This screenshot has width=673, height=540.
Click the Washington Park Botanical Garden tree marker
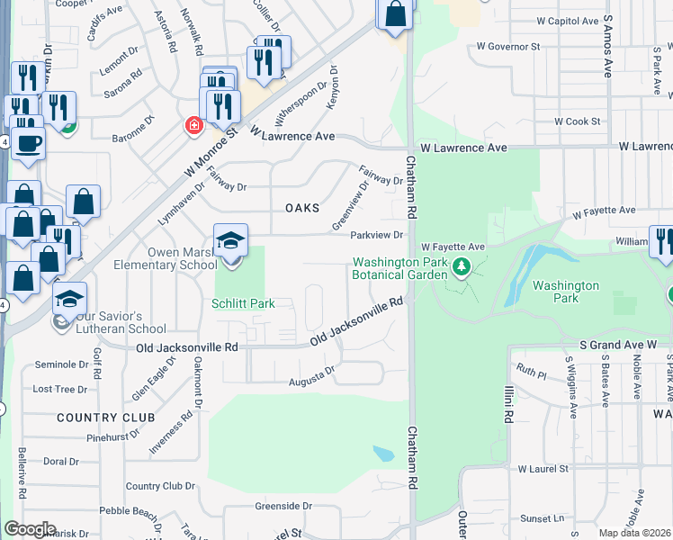click(x=462, y=266)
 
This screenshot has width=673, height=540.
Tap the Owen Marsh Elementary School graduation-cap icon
click(x=231, y=241)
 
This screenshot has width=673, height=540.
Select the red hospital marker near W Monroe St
click(x=193, y=125)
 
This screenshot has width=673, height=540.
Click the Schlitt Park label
click(x=242, y=304)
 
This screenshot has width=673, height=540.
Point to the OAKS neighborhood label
click(x=302, y=208)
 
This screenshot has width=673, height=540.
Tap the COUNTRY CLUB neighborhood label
click(x=106, y=418)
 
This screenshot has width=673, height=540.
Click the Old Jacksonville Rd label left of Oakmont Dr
click(x=187, y=346)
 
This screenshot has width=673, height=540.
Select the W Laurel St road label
click(x=543, y=469)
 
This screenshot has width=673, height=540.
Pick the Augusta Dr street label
click(x=311, y=376)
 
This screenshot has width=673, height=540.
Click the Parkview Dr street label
click(x=379, y=236)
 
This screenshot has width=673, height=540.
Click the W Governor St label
click(x=507, y=45)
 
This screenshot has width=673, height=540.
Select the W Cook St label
click(x=577, y=121)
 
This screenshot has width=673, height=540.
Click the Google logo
click(x=29, y=529)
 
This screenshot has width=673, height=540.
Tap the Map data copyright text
click(x=635, y=533)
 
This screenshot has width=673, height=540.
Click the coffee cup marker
click(x=28, y=142)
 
